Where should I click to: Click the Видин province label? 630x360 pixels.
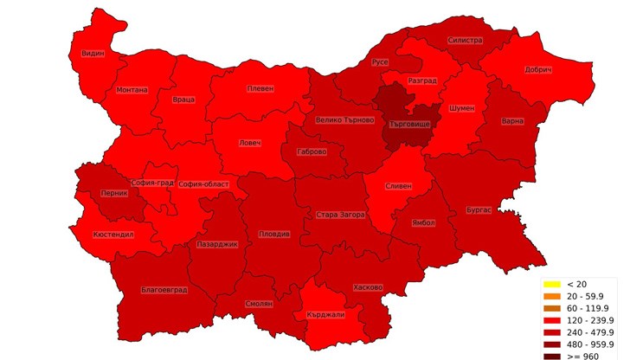coord(93,53)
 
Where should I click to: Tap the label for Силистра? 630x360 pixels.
coord(465,41)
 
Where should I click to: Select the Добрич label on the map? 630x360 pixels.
coord(537,70)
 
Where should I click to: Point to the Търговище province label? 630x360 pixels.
coord(410,125)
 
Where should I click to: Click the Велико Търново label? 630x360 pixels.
coord(344,120)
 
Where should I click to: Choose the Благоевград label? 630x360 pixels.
coord(164,290)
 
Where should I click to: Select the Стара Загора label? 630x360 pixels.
coord(340,215)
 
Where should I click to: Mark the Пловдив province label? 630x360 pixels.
coord(274,235)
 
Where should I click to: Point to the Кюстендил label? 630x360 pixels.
coord(113,235)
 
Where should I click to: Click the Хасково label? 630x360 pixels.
coord(368,287)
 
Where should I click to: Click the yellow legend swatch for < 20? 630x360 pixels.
coord(551,284)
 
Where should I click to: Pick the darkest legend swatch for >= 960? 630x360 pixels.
coord(551,356)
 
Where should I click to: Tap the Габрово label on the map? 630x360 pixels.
coord(312,151)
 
